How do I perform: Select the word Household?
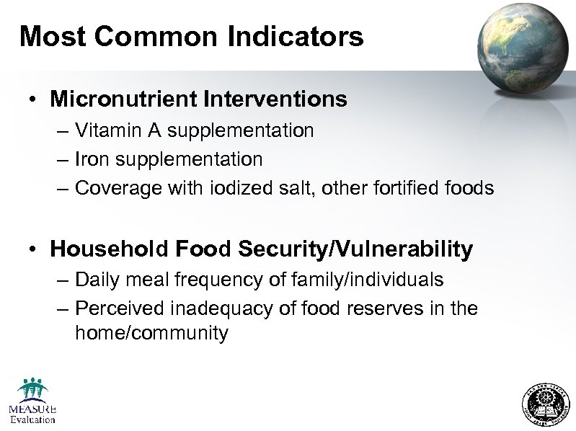pos(110,249)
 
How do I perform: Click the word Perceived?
pos(120,308)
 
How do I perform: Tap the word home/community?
pos(151,333)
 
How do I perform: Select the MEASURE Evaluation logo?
pos(32,400)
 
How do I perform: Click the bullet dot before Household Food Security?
pos(34,250)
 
